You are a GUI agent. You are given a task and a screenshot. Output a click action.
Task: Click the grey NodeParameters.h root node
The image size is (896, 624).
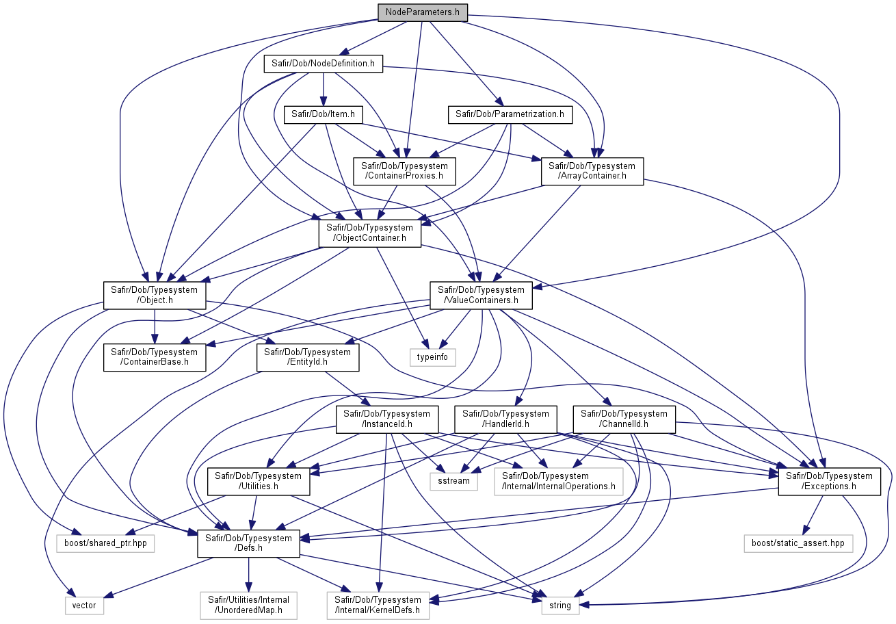423,12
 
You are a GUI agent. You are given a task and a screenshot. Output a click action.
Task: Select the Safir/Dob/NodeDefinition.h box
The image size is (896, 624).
324,64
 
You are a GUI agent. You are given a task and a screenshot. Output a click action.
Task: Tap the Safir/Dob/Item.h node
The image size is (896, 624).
324,114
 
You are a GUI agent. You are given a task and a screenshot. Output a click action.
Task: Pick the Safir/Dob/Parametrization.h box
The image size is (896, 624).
510,114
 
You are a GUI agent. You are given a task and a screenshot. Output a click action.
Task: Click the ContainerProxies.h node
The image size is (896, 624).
404,171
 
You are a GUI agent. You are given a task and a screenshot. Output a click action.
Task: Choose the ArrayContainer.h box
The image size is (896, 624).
592,171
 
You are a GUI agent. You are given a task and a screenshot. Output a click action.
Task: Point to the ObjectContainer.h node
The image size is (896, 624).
370,233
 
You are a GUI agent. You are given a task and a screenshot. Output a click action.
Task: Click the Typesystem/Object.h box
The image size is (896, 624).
155,296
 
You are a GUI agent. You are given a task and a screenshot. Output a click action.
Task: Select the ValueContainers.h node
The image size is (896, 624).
482,296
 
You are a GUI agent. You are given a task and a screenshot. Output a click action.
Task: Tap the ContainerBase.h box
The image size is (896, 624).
155,357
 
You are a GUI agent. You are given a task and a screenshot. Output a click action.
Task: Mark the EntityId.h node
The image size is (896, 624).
308,357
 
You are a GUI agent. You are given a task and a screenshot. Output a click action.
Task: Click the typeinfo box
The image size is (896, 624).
433,357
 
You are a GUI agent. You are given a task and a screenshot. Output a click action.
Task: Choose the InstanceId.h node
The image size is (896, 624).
387,419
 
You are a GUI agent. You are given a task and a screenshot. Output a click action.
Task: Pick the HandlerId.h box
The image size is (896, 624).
506,419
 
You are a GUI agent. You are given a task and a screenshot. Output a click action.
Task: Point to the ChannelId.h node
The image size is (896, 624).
624,419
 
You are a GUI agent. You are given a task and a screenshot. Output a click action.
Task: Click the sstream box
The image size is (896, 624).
454,482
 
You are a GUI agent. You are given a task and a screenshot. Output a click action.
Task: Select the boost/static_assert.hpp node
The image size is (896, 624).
798,543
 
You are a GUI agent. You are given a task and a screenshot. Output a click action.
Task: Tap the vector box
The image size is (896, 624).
84,606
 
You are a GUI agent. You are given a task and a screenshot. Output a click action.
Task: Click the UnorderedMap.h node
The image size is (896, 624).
249,606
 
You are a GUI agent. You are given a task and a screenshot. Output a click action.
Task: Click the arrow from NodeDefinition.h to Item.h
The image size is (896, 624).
324,90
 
